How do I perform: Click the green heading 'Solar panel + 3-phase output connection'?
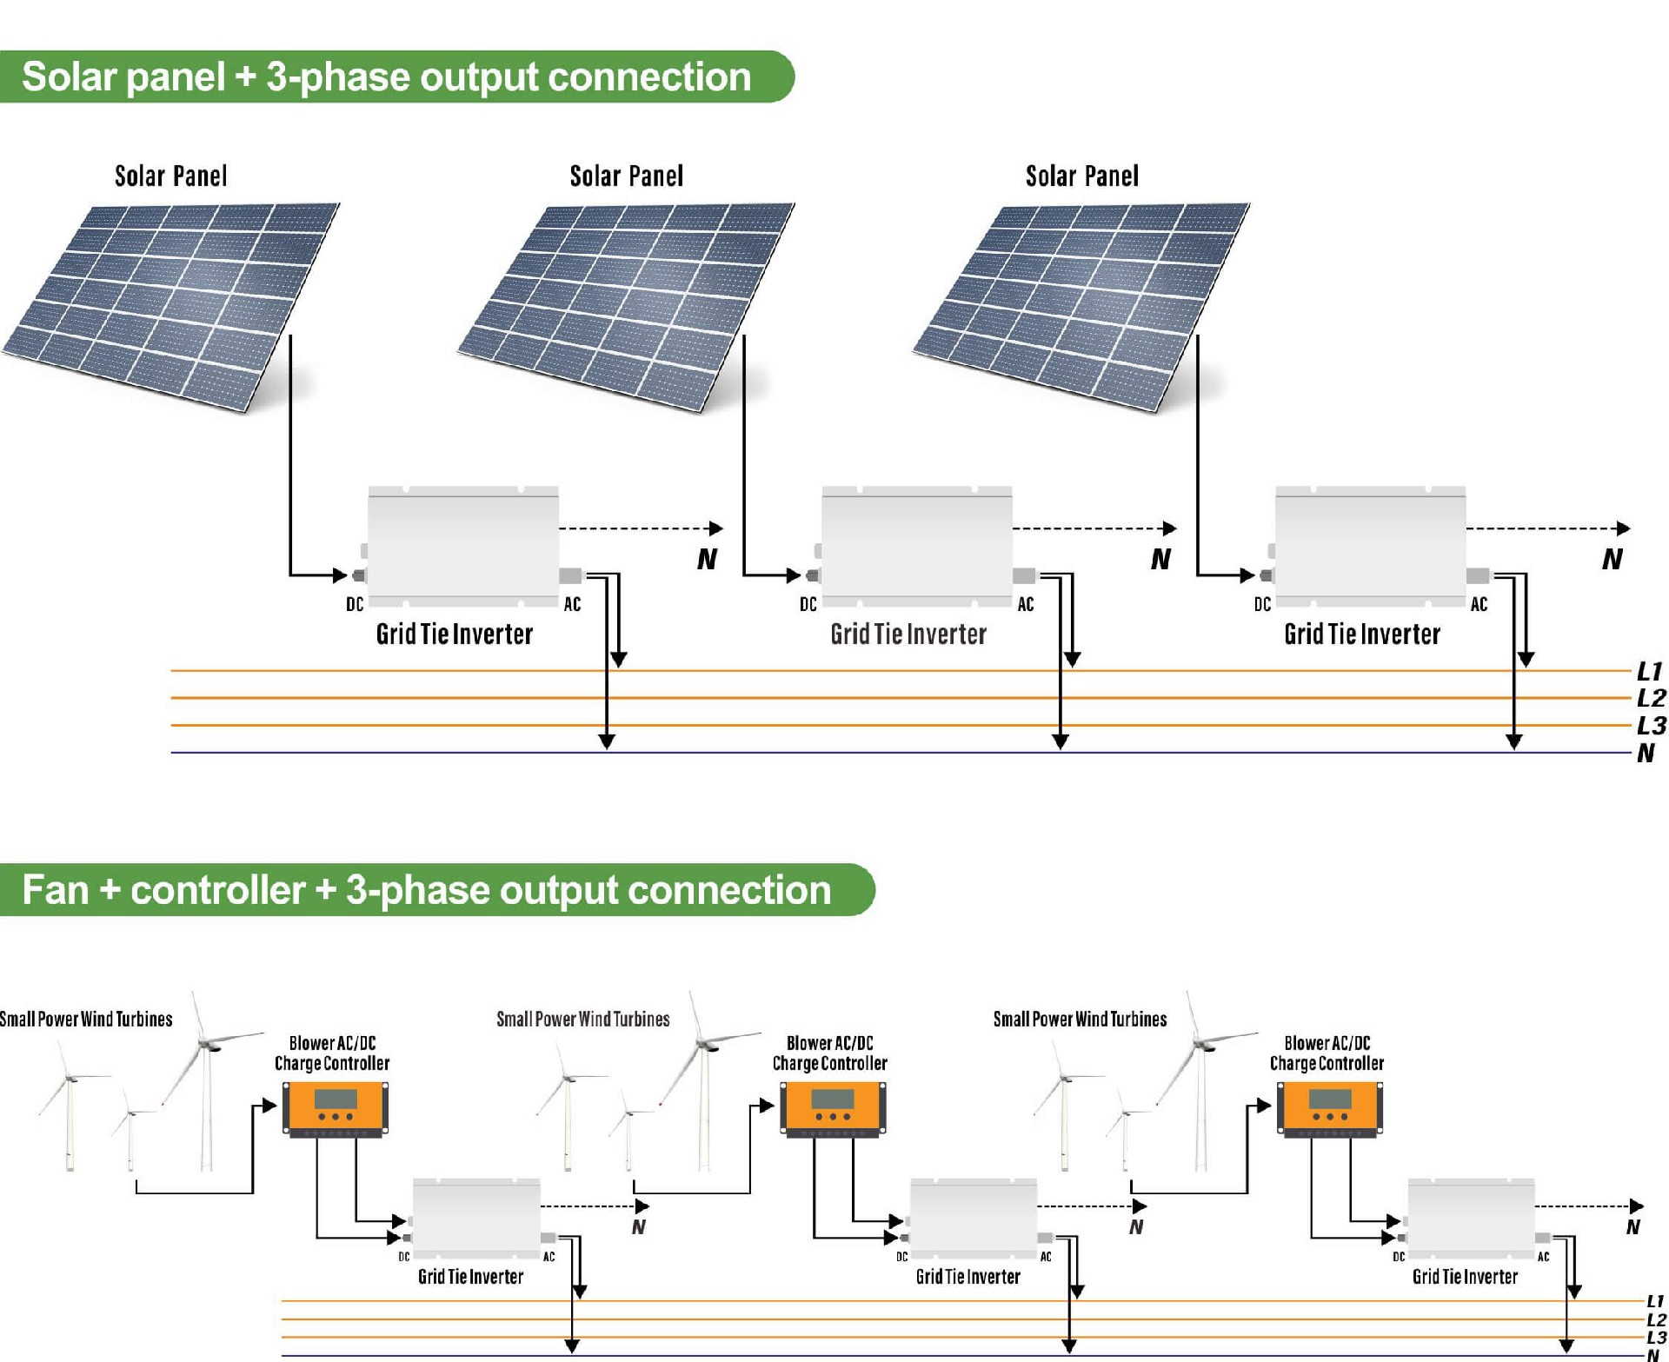387,77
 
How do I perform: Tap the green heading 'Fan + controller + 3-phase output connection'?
426,890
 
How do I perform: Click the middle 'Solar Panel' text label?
626,176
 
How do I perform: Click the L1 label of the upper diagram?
1649,671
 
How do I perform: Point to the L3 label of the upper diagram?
1651,726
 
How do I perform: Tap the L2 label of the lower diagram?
1656,1320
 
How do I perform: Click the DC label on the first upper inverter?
355,604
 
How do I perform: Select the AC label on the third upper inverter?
1479,604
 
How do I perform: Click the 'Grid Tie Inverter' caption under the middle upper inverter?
908,634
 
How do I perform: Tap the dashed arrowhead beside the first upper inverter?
716,528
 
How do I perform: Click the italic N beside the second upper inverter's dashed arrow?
1160,559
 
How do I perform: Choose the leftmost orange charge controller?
336,1109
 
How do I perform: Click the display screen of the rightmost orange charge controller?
1330,1099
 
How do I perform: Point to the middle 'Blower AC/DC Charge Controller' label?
829,1053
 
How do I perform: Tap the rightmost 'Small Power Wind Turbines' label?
1080,1020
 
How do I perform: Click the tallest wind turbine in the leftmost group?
206,1086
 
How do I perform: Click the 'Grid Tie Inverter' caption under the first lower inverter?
470,1277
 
